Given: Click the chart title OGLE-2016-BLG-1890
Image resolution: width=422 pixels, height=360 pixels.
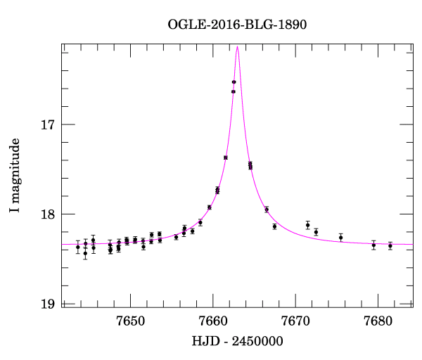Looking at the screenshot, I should coord(237,25).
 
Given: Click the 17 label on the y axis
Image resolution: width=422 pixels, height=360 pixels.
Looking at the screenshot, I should coord(47,125).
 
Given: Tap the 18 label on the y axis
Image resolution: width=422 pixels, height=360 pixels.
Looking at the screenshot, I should coord(47,214).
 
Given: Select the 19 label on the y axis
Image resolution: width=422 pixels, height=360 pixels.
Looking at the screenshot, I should coord(47,304).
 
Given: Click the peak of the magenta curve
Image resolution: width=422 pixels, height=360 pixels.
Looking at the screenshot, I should coord(238,47).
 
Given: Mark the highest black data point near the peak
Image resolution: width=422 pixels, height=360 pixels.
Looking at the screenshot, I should coord(234,82).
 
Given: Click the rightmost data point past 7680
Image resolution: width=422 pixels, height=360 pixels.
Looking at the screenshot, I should coord(390,245).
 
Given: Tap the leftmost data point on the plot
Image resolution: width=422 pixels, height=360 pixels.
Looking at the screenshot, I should coord(78,247).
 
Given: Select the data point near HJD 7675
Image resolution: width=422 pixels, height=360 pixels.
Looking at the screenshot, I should coord(340,237).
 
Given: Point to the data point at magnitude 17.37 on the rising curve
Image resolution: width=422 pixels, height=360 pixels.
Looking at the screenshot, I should coord(225,157).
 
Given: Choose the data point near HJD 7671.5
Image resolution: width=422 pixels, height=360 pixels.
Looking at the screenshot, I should coord(308,225).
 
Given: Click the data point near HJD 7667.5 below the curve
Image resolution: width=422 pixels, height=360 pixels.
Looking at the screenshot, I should coord(274,226).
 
